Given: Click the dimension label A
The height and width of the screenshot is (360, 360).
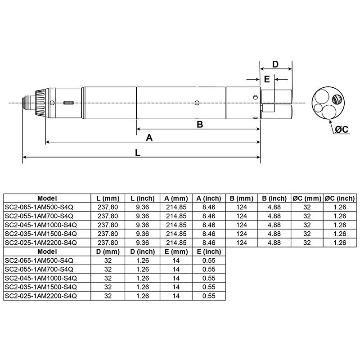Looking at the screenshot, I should tap(149, 138).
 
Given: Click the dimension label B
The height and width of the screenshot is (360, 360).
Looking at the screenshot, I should tap(200, 125).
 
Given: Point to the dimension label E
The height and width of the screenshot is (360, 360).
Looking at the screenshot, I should tap(266, 79).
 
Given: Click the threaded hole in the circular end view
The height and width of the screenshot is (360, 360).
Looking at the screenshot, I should tap(335, 99).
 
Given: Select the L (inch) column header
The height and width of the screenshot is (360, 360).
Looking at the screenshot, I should tap(143, 198).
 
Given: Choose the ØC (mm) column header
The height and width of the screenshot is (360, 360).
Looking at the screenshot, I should tap(307, 198).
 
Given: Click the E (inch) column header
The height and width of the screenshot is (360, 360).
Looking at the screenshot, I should tap(209, 251).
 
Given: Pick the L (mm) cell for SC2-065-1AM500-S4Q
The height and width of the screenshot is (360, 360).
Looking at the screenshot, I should tap(108, 207).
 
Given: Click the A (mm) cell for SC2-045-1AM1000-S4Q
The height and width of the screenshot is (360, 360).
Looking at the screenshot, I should tap(176, 225).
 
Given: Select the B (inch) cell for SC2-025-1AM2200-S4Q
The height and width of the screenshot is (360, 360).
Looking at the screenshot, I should tap(274, 242).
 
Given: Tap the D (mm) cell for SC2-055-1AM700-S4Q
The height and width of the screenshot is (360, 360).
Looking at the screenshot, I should tap(108, 269).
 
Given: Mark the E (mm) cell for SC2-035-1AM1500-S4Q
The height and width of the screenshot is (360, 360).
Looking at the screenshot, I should tap(176, 286).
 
